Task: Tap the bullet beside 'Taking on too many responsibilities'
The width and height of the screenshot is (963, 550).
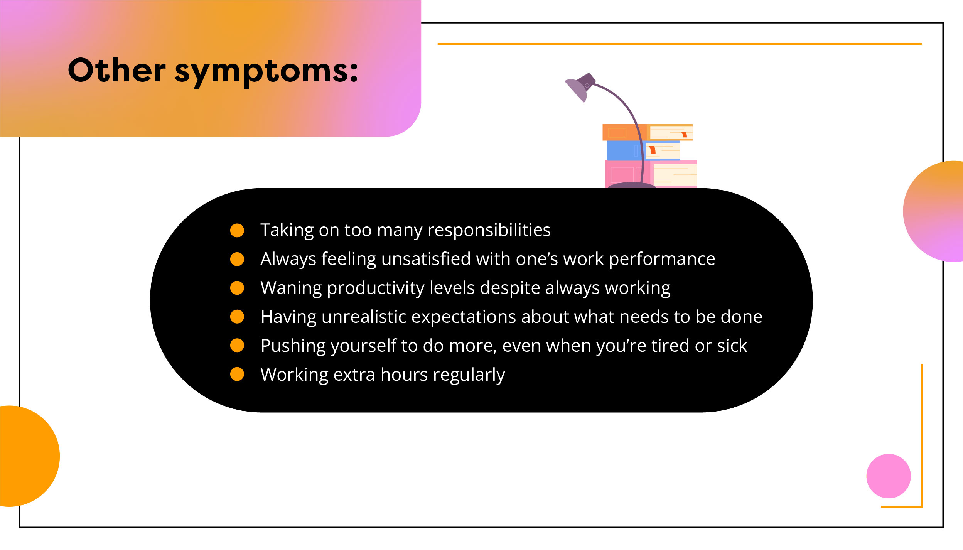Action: (237, 230)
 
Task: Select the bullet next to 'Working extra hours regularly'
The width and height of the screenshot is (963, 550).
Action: (237, 374)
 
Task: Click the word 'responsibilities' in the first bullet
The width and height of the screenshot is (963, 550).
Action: (489, 230)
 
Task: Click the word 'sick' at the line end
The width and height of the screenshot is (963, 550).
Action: (732, 346)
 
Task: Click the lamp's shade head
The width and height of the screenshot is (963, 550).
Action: (580, 87)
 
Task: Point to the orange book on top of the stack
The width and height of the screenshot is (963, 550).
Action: (648, 132)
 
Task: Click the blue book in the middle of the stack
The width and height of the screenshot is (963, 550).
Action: (644, 150)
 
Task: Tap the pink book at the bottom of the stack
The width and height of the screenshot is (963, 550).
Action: (651, 174)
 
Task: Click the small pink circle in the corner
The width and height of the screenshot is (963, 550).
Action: (889, 476)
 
